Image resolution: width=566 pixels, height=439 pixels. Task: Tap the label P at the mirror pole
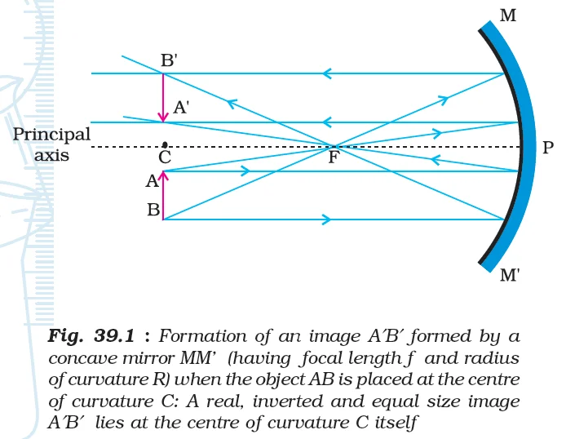pos(547,148)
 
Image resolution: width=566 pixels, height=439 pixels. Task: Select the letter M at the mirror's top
pos(507,15)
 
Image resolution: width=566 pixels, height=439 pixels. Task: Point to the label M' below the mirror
pos(511,277)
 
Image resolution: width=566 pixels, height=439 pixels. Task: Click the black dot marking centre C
pos(165,144)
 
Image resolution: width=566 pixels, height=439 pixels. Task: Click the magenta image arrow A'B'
pos(164,98)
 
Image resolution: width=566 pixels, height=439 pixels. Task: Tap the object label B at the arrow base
pos(153,211)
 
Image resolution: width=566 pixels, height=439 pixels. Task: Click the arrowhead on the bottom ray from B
pos(327,219)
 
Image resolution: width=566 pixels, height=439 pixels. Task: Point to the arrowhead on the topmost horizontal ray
pos(326,73)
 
